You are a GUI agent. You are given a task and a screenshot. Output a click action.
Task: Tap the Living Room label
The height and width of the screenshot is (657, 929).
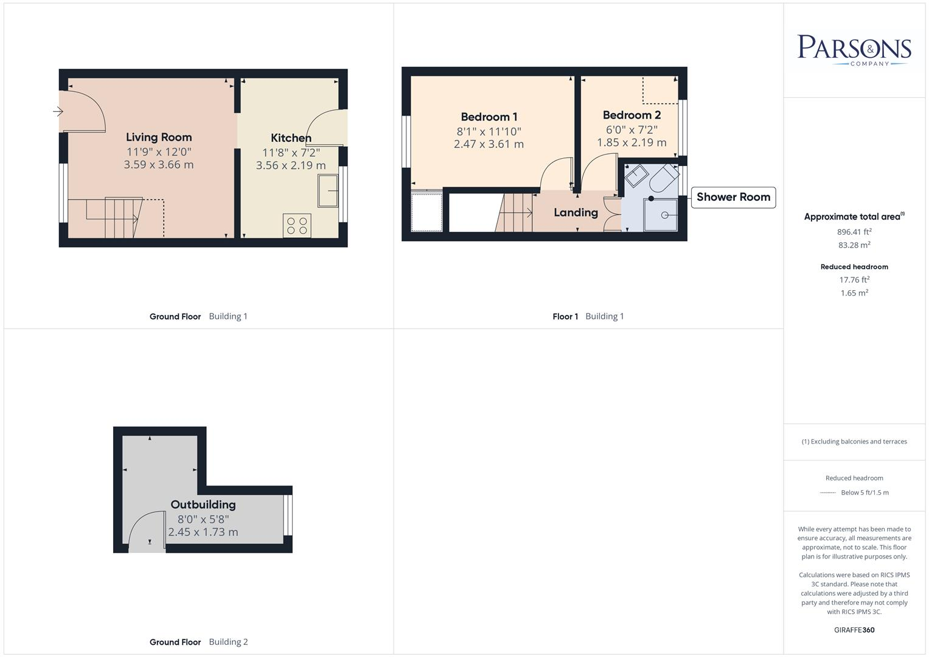point(159,137)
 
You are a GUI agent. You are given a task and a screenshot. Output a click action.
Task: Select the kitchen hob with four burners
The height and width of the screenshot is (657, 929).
point(297,225)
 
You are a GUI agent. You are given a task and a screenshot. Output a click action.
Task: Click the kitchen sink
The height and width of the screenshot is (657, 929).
point(328,191)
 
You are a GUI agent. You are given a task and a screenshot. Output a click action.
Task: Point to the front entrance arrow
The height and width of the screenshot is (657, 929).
point(58,111)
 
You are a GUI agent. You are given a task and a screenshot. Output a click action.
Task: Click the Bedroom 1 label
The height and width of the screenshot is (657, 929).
point(489,117)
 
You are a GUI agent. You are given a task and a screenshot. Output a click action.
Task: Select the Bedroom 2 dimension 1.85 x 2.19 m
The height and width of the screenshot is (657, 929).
point(632,142)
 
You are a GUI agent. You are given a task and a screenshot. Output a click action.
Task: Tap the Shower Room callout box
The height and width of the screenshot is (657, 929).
point(733,197)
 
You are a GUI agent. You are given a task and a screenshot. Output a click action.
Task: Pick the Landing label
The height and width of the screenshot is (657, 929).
point(576,212)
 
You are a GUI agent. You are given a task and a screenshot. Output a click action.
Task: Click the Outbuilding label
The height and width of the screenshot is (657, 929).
point(203,504)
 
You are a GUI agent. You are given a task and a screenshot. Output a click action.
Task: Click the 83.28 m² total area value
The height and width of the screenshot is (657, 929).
point(854,245)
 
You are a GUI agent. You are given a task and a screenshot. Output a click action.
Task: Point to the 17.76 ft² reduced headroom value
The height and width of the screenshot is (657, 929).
point(854,280)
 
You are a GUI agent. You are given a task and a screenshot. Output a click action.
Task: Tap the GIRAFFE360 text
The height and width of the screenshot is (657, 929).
point(854,630)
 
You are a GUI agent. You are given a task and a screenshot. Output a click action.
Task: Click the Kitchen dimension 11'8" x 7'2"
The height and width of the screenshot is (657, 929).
point(291,152)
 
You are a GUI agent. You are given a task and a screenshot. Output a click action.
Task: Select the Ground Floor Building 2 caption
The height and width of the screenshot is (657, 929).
point(198,642)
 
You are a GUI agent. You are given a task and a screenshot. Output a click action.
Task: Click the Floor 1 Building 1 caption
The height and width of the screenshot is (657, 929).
point(588,316)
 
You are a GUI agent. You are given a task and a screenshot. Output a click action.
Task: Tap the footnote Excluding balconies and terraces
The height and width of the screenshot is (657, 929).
point(854,442)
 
